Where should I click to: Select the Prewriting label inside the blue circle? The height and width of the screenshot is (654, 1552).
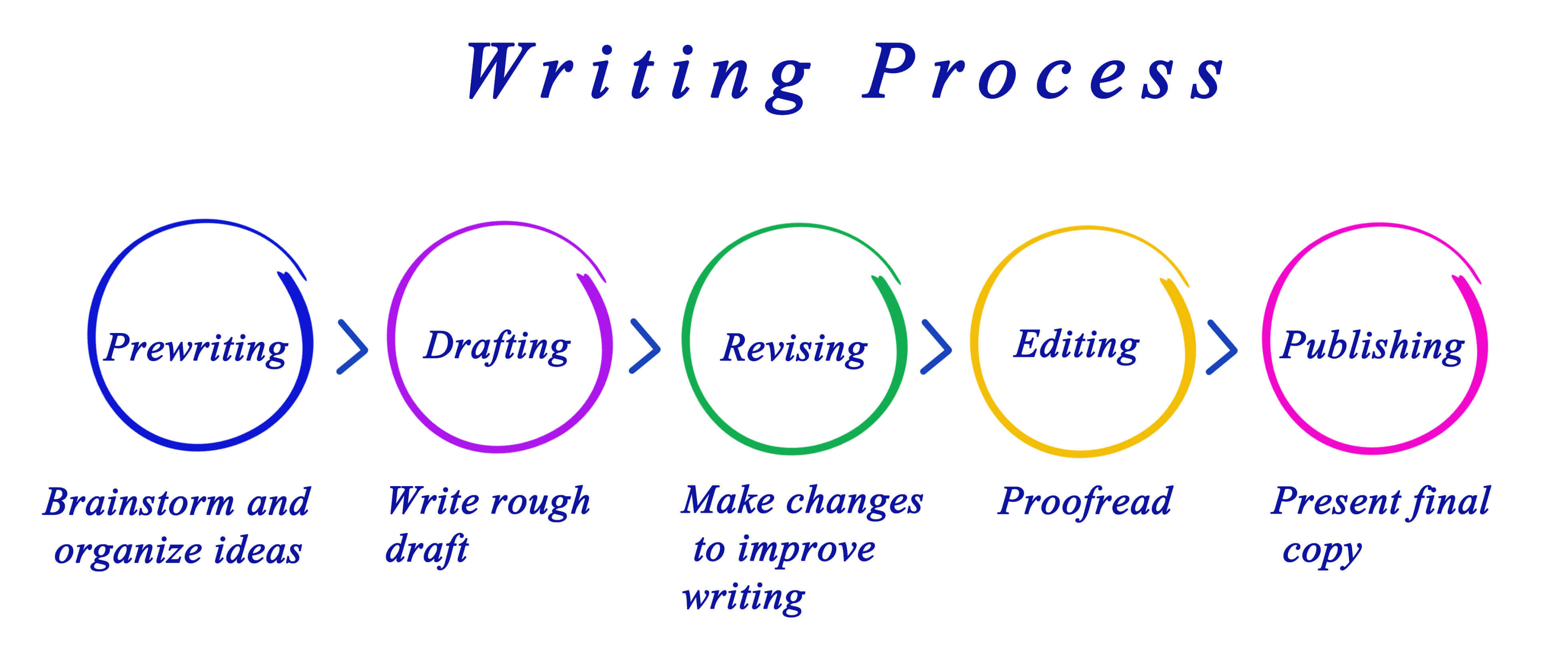coord(196,349)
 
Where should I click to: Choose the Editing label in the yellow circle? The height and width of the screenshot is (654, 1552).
coord(1076,346)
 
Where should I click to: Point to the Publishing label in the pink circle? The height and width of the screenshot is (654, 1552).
coord(1372,347)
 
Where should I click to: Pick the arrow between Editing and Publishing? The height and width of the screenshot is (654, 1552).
coord(1222,347)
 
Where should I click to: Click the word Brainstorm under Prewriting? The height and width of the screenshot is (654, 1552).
coord(139,502)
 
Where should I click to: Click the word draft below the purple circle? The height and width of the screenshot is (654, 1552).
coord(426,550)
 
